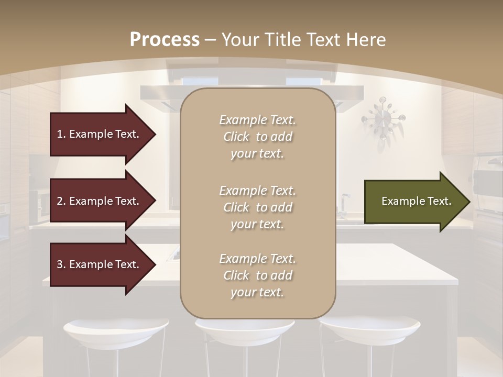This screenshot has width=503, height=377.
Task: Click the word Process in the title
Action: [x=165, y=39]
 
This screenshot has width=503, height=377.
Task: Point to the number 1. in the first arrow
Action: [x=61, y=134]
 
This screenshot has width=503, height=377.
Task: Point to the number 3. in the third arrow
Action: [x=61, y=264]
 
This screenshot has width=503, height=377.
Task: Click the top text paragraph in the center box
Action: [x=257, y=137]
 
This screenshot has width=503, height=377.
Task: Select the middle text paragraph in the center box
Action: [x=257, y=207]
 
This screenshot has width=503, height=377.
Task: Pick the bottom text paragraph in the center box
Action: [x=257, y=275]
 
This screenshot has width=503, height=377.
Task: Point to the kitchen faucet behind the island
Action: [x=344, y=204]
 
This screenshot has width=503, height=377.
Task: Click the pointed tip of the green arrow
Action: [x=468, y=202]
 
